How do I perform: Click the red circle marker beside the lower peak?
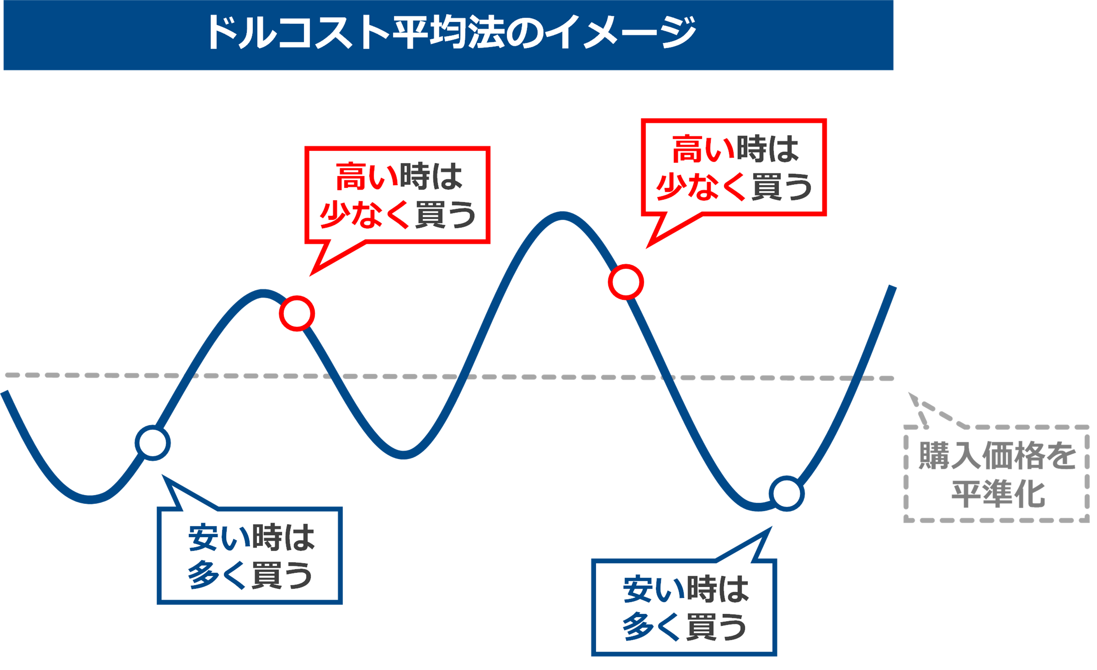click(x=297, y=314)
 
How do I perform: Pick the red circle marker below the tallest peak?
click(x=626, y=282)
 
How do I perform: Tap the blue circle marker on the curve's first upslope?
click(x=153, y=443)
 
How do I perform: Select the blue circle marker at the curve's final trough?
click(x=787, y=494)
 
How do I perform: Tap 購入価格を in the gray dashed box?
click(x=997, y=455)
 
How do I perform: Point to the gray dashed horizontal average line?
click(x=534, y=377)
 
